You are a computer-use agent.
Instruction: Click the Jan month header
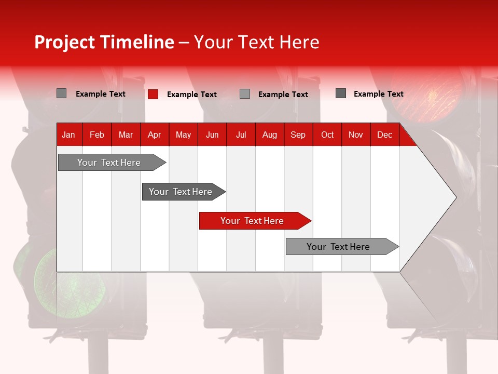click(68, 135)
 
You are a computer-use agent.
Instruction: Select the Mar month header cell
click(126, 135)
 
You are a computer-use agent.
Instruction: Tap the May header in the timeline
click(183, 135)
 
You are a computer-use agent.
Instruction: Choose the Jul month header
click(241, 135)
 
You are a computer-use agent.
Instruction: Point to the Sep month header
click(298, 135)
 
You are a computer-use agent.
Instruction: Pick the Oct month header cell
click(327, 135)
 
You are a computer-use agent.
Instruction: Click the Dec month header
click(384, 135)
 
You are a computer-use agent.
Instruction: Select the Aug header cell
click(269, 135)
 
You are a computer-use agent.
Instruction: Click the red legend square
click(153, 94)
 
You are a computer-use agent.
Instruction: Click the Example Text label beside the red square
click(191, 95)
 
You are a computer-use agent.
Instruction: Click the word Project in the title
click(64, 42)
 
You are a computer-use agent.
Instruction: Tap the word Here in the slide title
click(299, 42)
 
